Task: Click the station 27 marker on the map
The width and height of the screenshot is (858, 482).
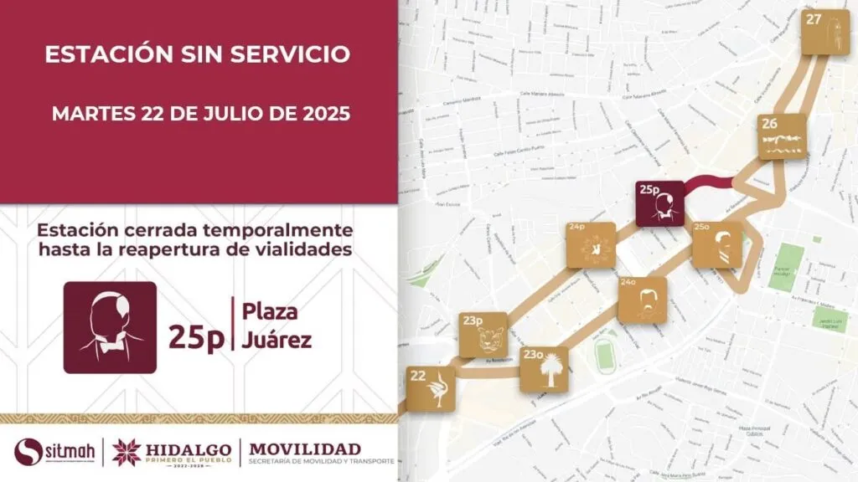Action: [x=825, y=32]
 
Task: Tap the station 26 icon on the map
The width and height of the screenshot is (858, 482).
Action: [x=783, y=136]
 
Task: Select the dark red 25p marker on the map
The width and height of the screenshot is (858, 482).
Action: [x=660, y=203]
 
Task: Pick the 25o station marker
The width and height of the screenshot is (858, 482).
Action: [x=717, y=244]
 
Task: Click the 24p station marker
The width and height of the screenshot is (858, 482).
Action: [x=591, y=244]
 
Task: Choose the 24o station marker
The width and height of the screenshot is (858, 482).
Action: [x=643, y=300]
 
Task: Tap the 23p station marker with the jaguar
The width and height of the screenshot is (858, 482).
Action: [x=483, y=335]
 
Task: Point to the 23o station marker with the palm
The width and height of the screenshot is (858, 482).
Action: [x=544, y=369]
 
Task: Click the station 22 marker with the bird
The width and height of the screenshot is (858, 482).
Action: [x=431, y=389]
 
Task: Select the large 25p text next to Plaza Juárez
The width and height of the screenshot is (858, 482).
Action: [x=196, y=336]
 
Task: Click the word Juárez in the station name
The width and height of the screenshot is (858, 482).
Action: [x=277, y=341]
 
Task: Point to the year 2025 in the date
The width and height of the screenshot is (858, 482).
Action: [x=322, y=113]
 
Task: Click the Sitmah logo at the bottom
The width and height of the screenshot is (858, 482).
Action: [x=54, y=452]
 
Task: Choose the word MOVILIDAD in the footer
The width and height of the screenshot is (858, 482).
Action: [x=305, y=448]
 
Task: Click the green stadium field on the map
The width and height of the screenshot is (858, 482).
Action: [x=603, y=355]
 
